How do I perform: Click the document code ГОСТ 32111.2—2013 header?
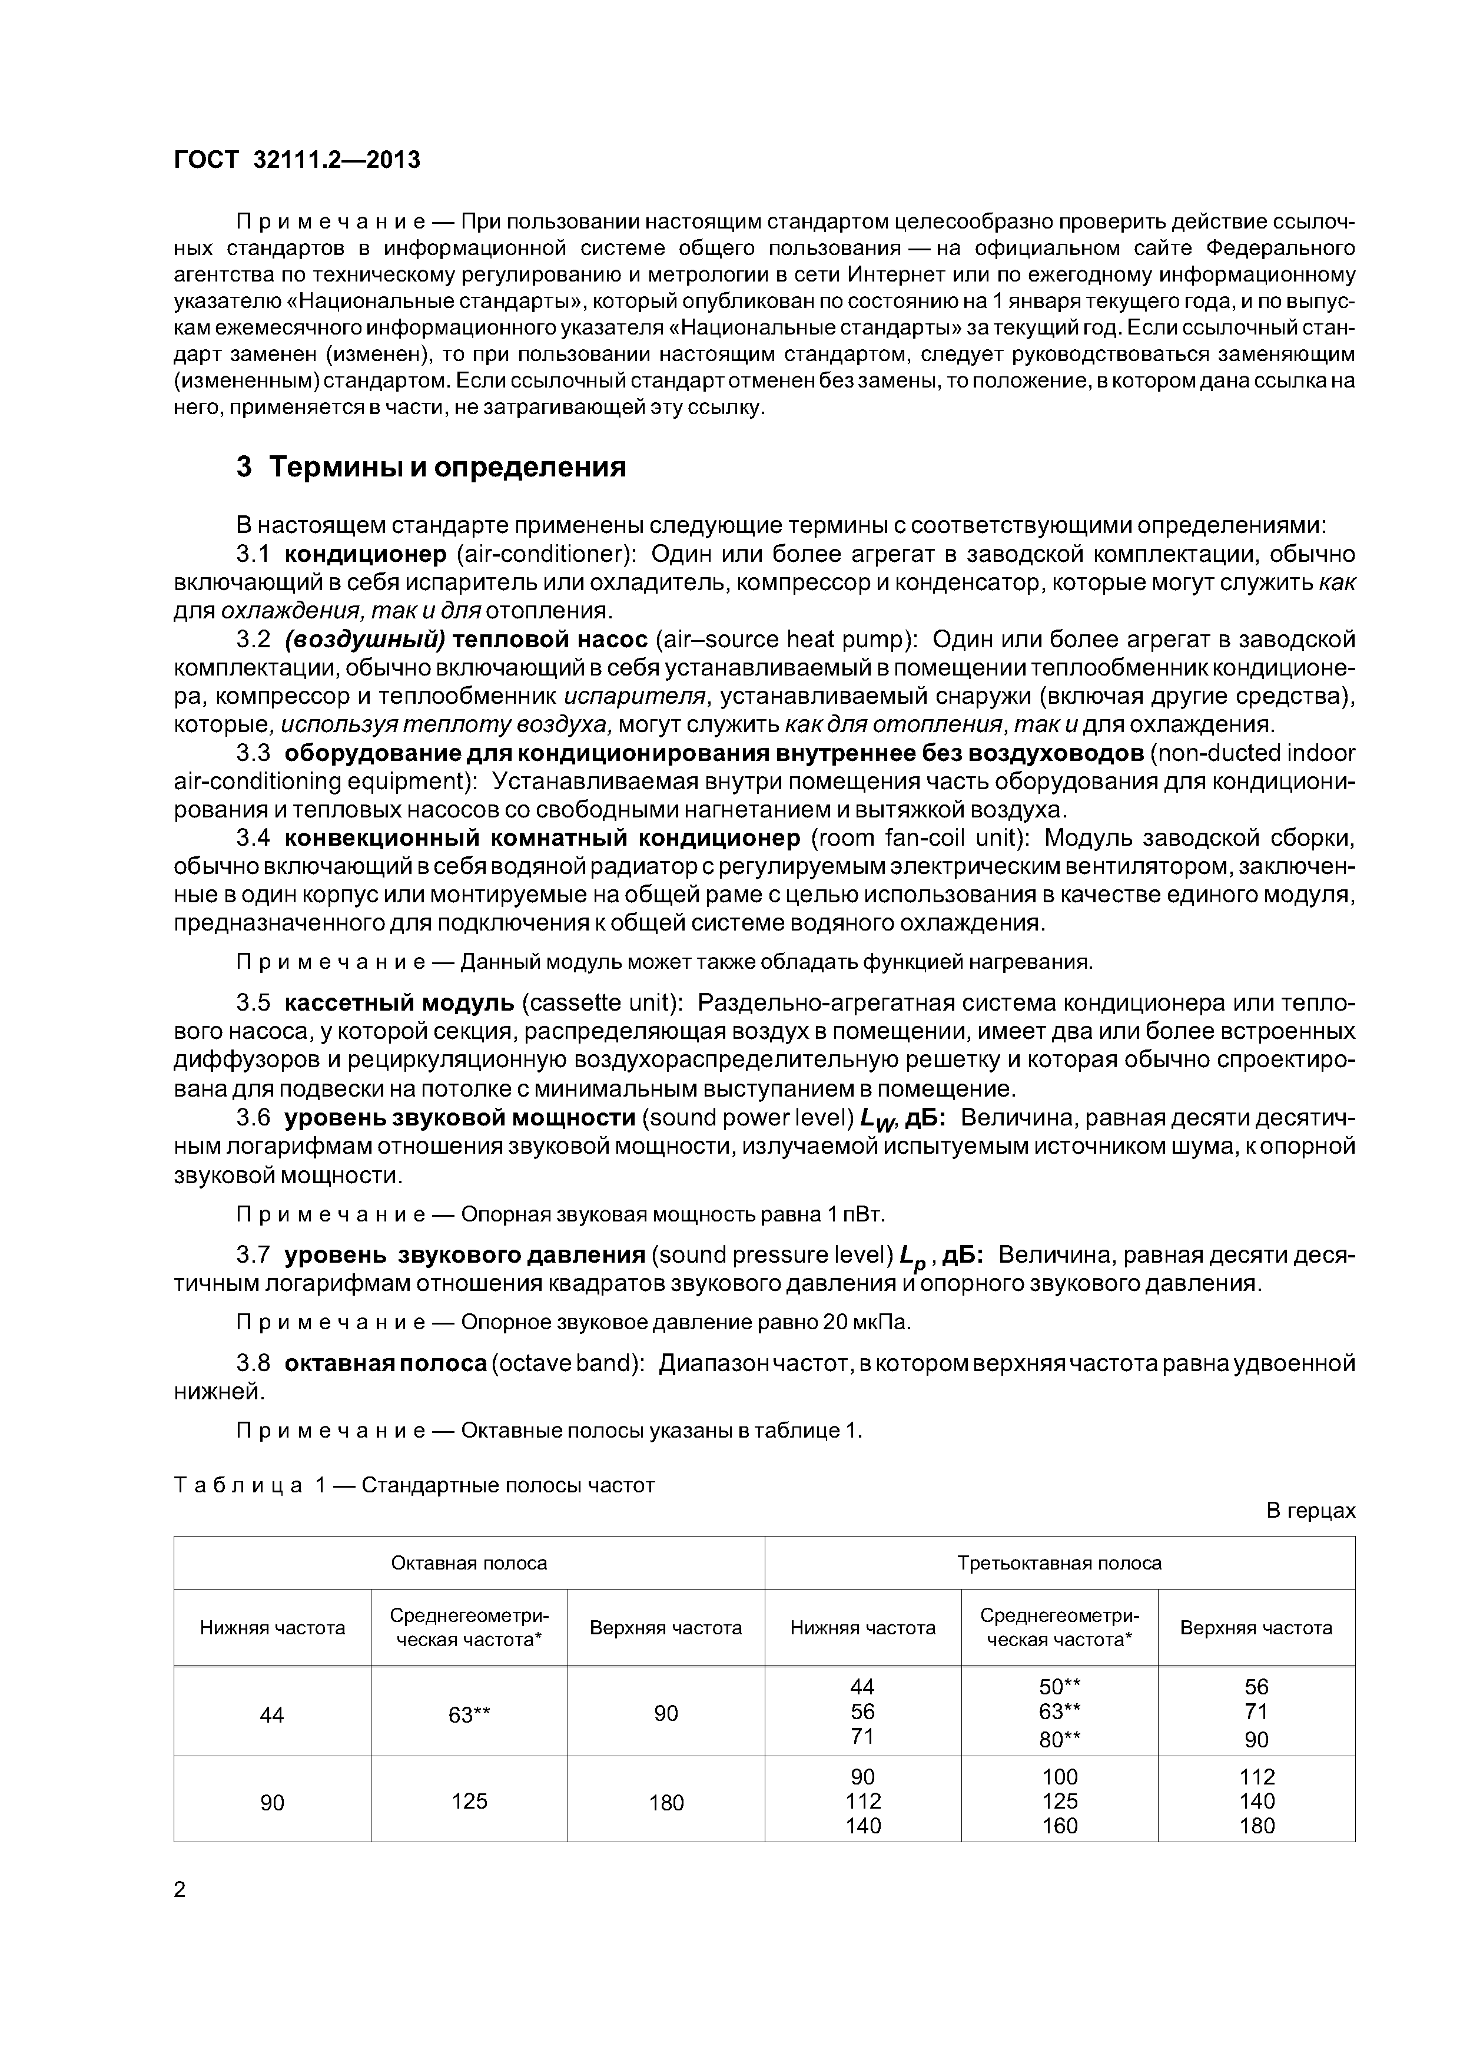297,160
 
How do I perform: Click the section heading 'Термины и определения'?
447,468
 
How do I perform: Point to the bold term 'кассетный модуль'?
399,1002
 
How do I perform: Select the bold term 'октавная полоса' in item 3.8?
386,1363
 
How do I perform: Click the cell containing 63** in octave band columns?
469,1715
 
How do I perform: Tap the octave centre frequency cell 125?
469,1800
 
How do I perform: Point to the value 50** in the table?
1058,1687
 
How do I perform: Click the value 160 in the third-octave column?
1058,1826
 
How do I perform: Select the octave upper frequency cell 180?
666,1802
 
